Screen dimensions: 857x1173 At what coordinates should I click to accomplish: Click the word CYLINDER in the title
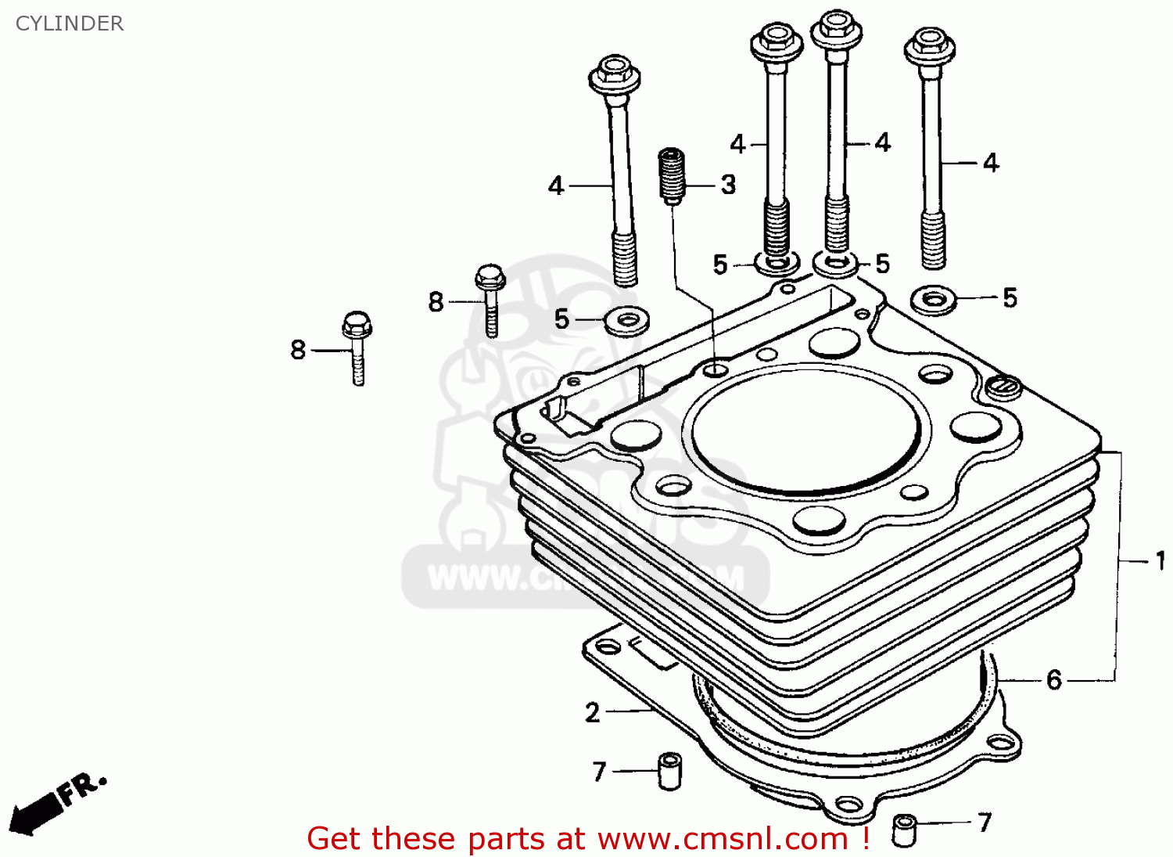click(x=70, y=23)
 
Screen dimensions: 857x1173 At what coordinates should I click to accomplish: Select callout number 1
click(x=1160, y=560)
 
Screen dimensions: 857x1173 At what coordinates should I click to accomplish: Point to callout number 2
click(x=593, y=712)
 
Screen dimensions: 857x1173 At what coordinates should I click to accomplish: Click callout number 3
click(x=728, y=185)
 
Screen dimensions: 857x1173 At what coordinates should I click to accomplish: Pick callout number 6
click(x=1054, y=679)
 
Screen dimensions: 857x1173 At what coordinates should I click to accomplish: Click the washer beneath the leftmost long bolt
click(x=627, y=319)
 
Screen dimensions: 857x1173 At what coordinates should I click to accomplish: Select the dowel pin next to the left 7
click(x=669, y=770)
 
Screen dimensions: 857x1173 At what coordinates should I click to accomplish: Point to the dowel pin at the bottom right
click(x=905, y=829)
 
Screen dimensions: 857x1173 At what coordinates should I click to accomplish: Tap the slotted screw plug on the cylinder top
click(x=1003, y=387)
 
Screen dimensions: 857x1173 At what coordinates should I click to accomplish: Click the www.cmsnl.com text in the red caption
click(x=722, y=839)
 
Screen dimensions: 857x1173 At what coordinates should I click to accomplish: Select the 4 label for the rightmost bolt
click(x=991, y=163)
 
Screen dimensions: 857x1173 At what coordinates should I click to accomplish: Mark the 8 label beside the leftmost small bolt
click(x=298, y=349)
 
